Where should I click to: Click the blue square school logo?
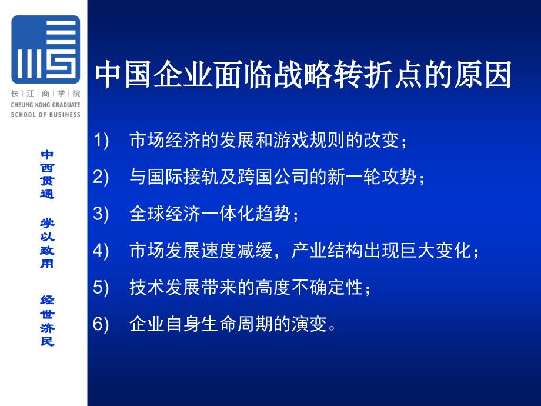[45, 49]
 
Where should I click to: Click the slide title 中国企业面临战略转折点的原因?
[303, 75]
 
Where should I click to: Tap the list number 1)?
[101, 140]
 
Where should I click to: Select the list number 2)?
[101, 177]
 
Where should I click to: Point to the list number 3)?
[101, 214]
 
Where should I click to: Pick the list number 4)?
[101, 250]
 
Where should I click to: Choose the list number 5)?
[101, 287]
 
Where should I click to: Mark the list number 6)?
[101, 324]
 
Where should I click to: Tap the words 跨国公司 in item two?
[273, 177]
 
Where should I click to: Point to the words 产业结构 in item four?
[327, 250]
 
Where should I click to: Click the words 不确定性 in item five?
[327, 287]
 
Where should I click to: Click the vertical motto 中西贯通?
[47, 174]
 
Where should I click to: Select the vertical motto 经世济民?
[47, 321]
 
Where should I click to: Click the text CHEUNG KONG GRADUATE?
[45, 105]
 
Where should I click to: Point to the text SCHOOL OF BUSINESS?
[45, 114]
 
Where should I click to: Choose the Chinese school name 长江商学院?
[45, 94]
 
